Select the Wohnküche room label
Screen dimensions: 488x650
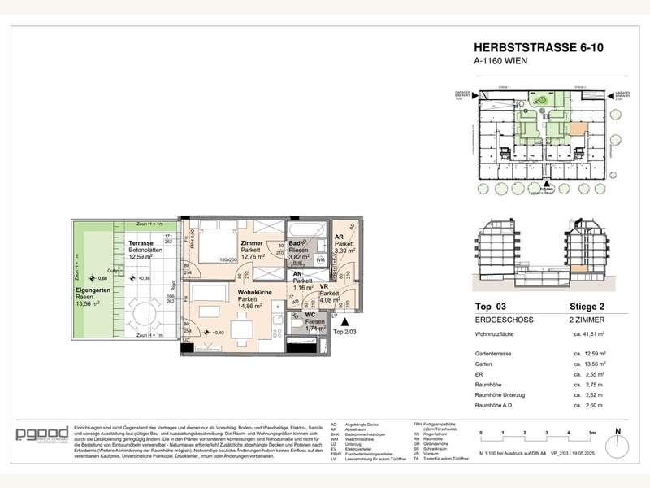pyautogui.click(x=253, y=291)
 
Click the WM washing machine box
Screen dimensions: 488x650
pyautogui.click(x=320, y=259)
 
